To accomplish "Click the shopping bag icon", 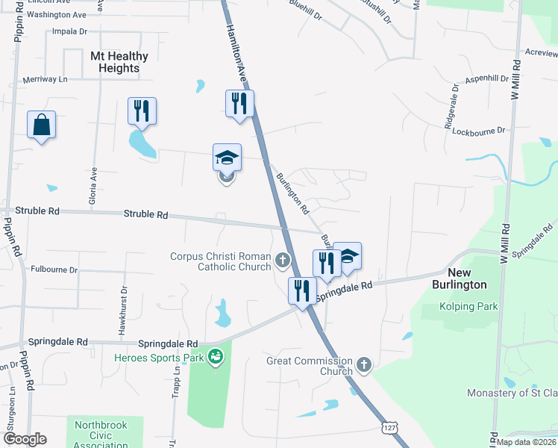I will pyautogui.click(x=41, y=125).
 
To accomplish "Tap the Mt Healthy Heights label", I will pyautogui.click(x=119, y=62).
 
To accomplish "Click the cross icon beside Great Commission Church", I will pyautogui.click(x=363, y=364).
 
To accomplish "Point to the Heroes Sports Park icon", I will pyautogui.click(x=216, y=358).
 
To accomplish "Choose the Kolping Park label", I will pyautogui.click(x=468, y=306).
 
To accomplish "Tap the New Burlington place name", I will pyautogui.click(x=460, y=279).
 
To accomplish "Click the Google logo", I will pyautogui.click(x=25, y=438).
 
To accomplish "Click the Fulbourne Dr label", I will pyautogui.click(x=54, y=270).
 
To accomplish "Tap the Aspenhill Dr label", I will pyautogui.click(x=486, y=78).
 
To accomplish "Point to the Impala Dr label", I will pyautogui.click(x=70, y=31).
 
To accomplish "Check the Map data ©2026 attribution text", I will pyautogui.click(x=526, y=442).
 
